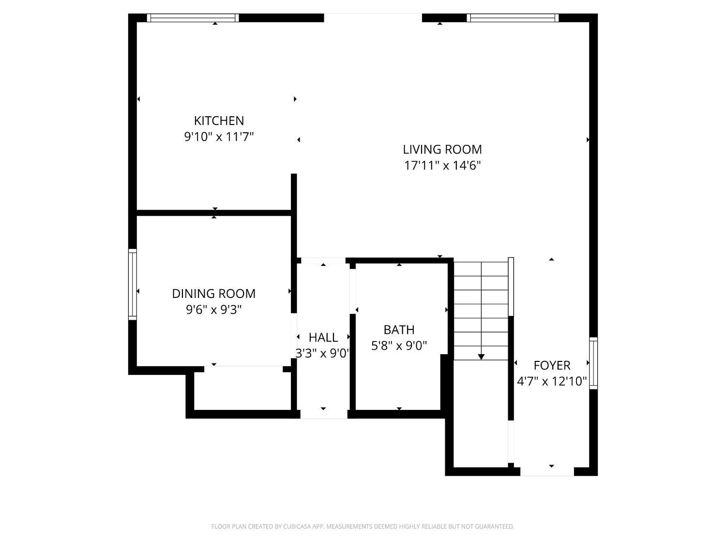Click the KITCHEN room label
tap(219, 121)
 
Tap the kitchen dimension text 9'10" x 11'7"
tap(219, 137)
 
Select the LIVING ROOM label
tap(442, 149)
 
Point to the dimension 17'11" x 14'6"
tap(442, 166)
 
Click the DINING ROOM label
tap(213, 294)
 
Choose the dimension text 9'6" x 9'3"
tap(213, 310)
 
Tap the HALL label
tap(323, 337)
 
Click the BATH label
tap(399, 330)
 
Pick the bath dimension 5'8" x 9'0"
tap(399, 346)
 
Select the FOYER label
tap(552, 365)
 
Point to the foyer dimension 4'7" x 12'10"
tap(552, 382)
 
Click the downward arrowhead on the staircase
tap(481, 357)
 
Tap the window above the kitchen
tap(193, 18)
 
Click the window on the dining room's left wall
tap(132, 284)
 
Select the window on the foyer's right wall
tap(593, 363)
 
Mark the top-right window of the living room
tap(513, 18)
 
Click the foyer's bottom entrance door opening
tap(547, 472)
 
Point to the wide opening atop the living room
tap(373, 18)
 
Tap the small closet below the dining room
tap(242, 390)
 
